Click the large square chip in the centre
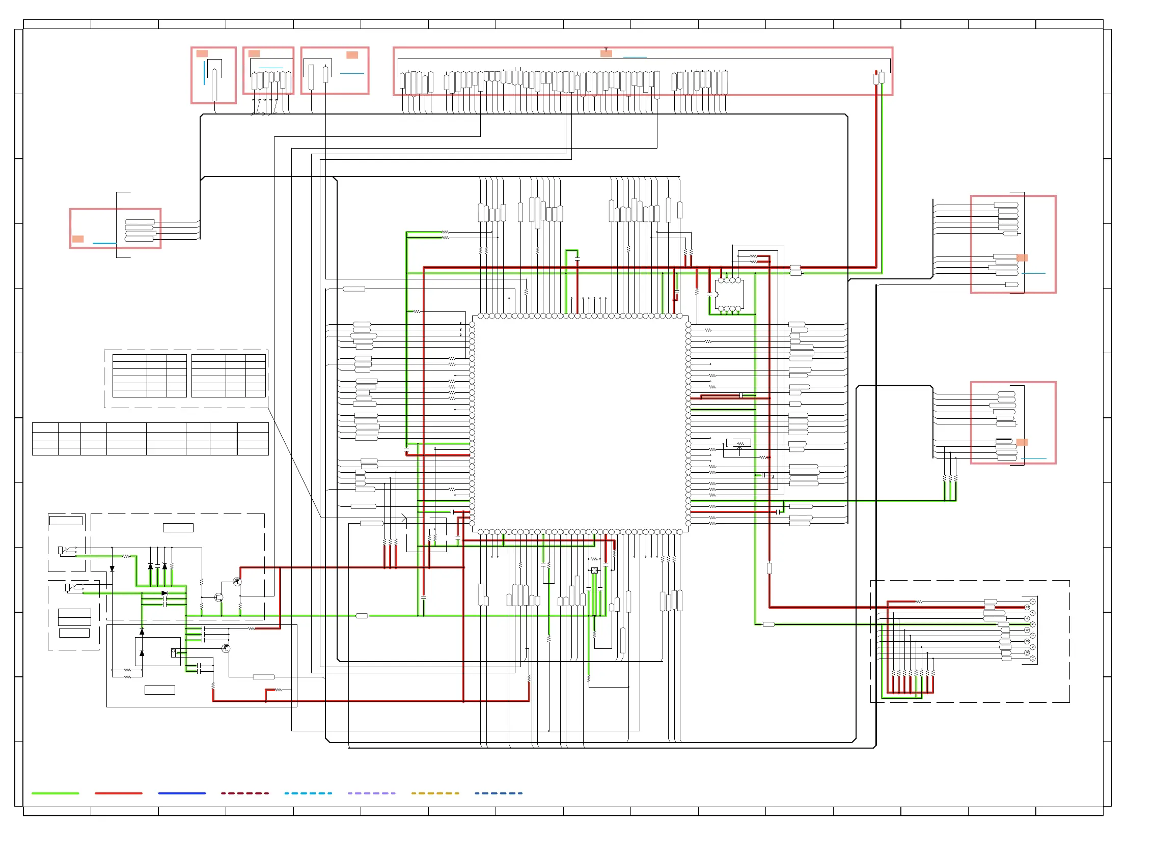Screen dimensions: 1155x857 pyautogui.click(x=580, y=424)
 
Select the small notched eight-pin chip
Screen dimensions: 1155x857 pyautogui.click(x=729, y=294)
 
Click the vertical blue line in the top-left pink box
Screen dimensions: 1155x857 pyautogui.click(x=205, y=73)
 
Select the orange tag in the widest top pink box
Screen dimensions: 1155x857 pyautogui.click(x=606, y=53)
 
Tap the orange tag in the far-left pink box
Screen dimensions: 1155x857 pyautogui.click(x=78, y=239)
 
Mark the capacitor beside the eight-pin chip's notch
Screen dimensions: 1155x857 pyautogui.click(x=709, y=295)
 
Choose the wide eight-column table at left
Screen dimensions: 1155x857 pyautogui.click(x=150, y=439)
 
